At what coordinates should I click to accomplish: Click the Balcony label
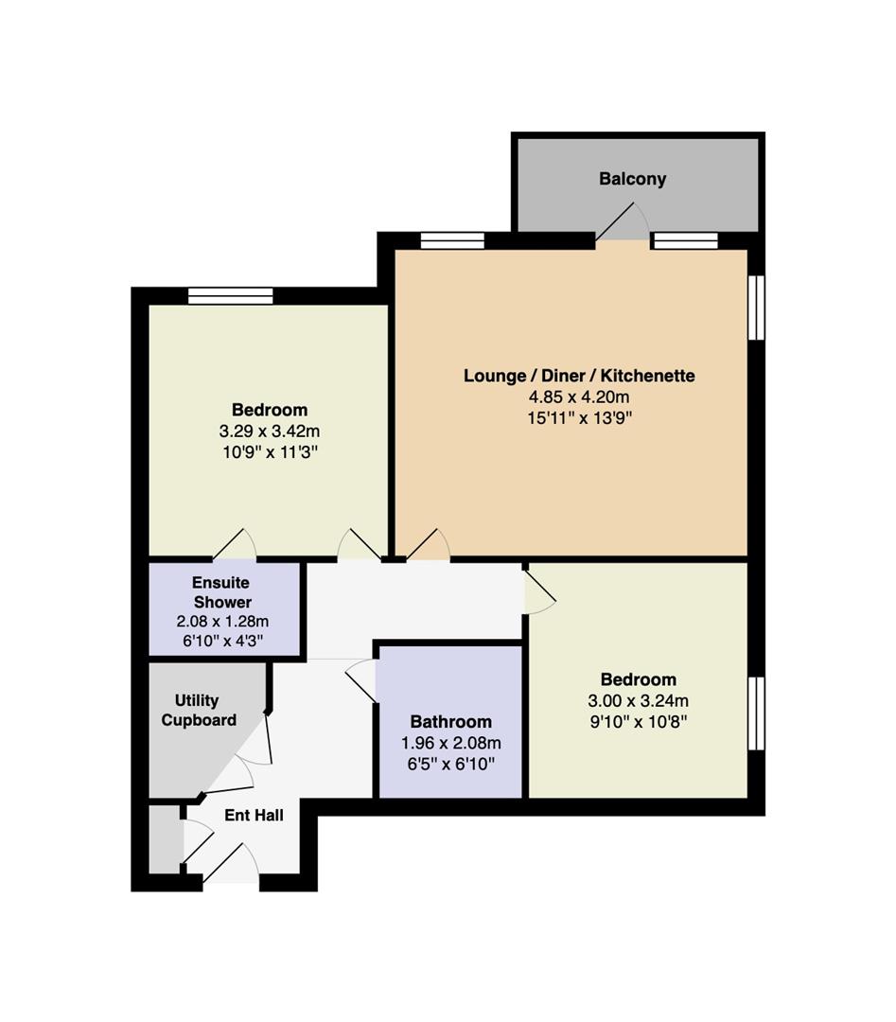[x=632, y=179]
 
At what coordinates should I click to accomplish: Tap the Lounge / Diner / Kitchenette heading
[x=579, y=376]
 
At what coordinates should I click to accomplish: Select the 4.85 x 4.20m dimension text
[x=579, y=396]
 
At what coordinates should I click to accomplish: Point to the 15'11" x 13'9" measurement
[x=579, y=418]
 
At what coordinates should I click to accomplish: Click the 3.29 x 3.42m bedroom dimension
[x=269, y=432]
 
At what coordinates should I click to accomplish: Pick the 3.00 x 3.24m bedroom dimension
[x=638, y=700]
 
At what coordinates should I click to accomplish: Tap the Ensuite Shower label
[x=221, y=591]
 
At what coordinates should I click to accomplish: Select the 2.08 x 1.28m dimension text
[x=222, y=621]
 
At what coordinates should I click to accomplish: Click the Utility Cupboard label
[x=198, y=710]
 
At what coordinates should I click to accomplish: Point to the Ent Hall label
[x=254, y=815]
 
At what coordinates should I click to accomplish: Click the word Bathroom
[x=450, y=721]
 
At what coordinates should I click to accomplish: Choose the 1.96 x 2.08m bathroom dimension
[x=451, y=743]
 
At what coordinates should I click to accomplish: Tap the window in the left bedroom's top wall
[x=230, y=296]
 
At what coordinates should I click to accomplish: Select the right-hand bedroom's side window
[x=756, y=714]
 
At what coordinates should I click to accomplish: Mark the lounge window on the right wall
[x=756, y=307]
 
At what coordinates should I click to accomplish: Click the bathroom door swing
[x=361, y=681]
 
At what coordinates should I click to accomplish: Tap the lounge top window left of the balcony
[x=452, y=240]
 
